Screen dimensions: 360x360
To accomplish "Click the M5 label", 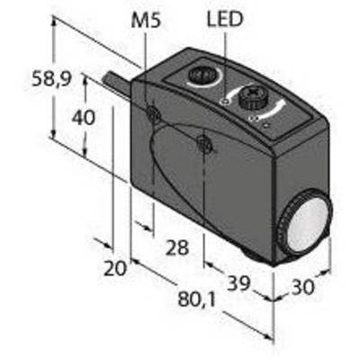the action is (x=146, y=20).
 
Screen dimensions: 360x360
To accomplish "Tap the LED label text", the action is (x=225, y=19).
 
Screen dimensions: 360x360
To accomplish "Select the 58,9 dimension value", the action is (x=51, y=79).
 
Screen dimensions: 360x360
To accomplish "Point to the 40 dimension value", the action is (x=83, y=117).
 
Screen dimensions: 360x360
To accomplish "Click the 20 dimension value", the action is (x=115, y=268).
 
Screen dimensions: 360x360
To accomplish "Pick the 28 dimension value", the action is (x=177, y=247).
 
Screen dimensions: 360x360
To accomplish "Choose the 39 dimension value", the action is (x=238, y=283).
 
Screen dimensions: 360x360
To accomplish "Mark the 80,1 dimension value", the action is (x=197, y=300).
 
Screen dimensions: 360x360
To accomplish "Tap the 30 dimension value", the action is (x=303, y=287).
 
